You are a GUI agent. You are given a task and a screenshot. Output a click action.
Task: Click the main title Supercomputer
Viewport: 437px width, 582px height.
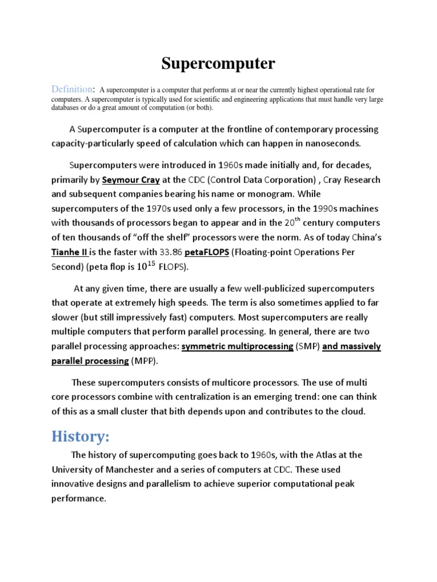[218, 64]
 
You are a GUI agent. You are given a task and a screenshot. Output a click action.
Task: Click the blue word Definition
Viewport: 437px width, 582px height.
[72, 89]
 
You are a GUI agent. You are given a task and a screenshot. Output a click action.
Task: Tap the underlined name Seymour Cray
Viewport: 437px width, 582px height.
[131, 180]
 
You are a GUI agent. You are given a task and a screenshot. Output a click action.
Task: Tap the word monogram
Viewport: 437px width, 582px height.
[267, 194]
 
